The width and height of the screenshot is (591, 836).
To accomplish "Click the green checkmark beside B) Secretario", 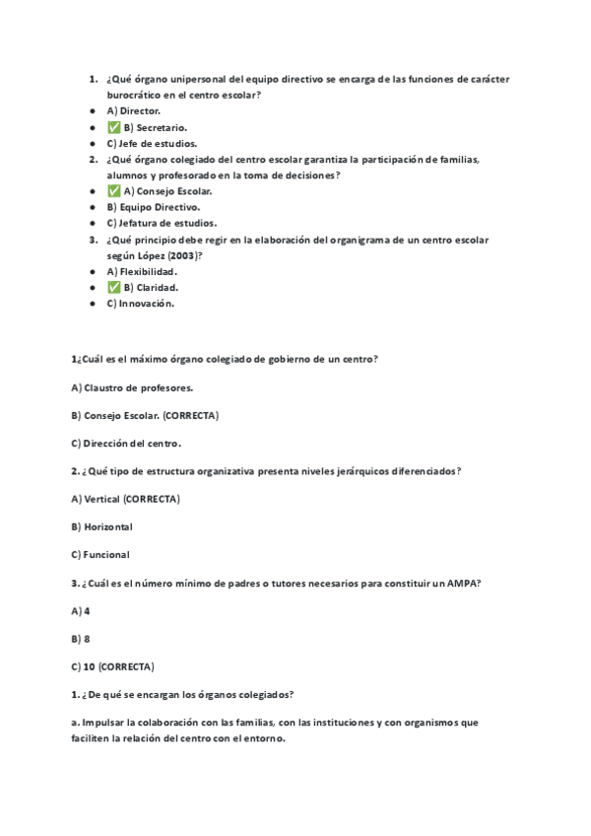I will pyautogui.click(x=113, y=127).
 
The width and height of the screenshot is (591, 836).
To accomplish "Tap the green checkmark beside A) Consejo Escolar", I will pyautogui.click(x=113, y=191).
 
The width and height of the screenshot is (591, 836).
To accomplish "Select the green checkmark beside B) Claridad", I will pyautogui.click(x=113, y=288).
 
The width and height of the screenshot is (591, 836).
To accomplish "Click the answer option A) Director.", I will pyautogui.click(x=133, y=111).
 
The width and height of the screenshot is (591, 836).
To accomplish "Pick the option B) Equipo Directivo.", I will pyautogui.click(x=153, y=207).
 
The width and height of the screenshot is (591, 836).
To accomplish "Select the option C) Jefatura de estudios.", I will pyautogui.click(x=162, y=224).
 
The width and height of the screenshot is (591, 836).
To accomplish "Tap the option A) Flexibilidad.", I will pyautogui.click(x=142, y=271).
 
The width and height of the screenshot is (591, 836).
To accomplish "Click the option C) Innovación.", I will pyautogui.click(x=140, y=304).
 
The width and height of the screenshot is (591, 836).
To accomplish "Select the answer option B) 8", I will pyautogui.click(x=81, y=638).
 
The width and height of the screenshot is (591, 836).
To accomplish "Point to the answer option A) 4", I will pyautogui.click(x=81, y=610).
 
